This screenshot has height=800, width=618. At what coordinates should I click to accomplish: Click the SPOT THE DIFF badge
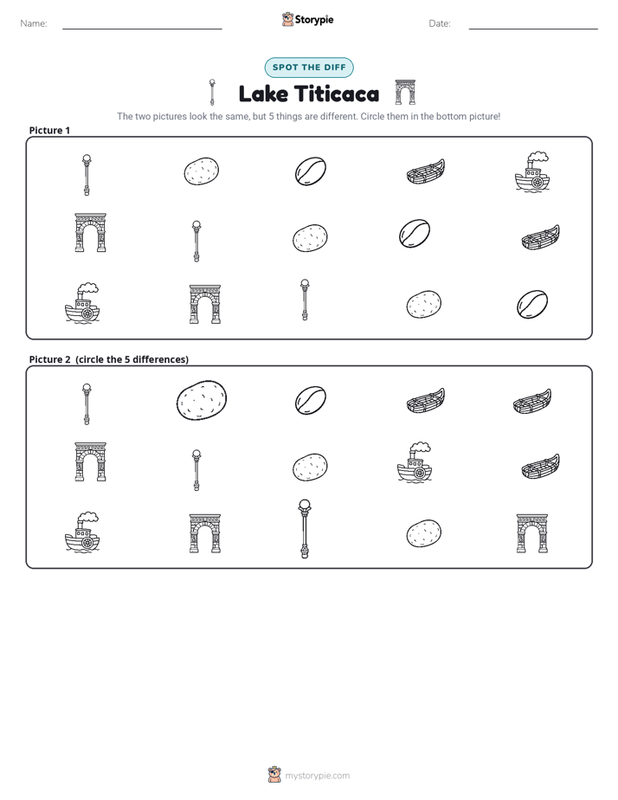[x=309, y=68]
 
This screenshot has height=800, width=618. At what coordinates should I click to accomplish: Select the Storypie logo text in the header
[x=314, y=20]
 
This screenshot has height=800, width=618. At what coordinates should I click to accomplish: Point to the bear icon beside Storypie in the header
[x=287, y=19]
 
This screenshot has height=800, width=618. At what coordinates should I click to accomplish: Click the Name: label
[x=34, y=23]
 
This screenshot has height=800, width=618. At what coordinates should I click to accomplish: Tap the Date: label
[x=440, y=23]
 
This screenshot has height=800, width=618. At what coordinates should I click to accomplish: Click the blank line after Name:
[x=142, y=29]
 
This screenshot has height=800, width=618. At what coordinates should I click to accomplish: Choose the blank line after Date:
[x=533, y=29]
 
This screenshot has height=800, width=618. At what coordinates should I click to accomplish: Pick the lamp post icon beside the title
[x=212, y=93]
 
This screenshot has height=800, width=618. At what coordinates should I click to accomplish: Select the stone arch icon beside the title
[x=405, y=93]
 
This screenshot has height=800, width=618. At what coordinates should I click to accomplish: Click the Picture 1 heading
[x=49, y=131]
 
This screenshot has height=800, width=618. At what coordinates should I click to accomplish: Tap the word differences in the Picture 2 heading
[x=159, y=359]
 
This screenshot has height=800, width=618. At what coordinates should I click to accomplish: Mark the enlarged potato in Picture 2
[x=202, y=401]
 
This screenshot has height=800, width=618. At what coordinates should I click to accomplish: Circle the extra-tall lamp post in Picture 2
[x=305, y=529]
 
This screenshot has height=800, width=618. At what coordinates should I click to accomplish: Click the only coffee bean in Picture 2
[x=311, y=400]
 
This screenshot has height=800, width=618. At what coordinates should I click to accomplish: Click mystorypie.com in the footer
[x=317, y=776]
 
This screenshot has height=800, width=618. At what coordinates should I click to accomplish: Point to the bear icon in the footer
[x=274, y=775]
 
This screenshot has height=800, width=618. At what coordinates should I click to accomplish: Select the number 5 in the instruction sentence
[x=271, y=116]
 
